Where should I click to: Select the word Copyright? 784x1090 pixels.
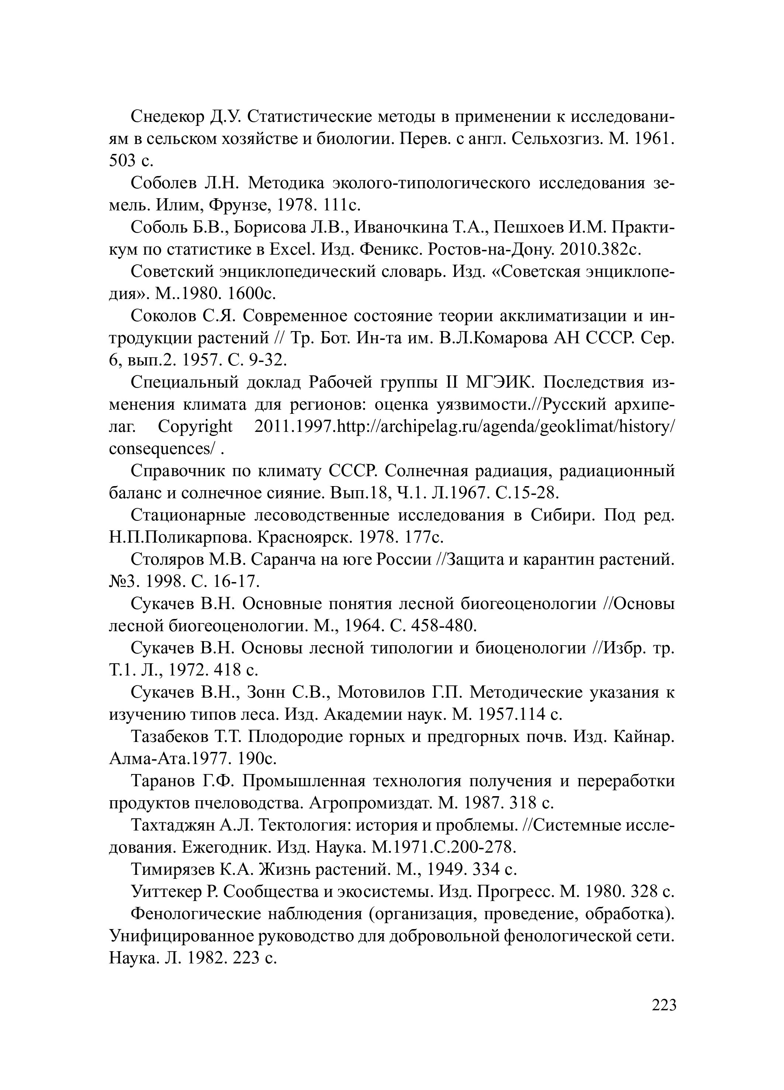[195, 426]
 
